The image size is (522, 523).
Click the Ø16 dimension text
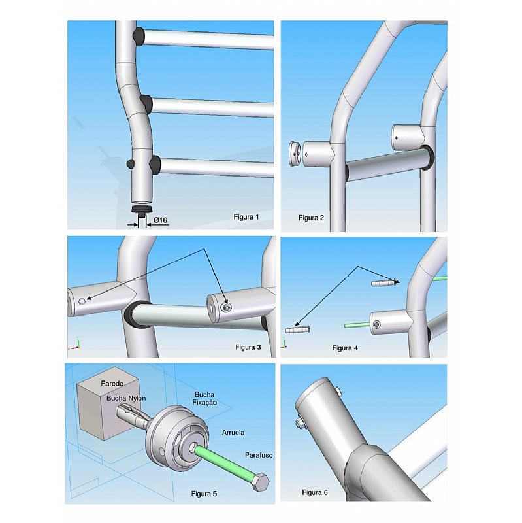pos(160,220)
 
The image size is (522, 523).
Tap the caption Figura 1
pos(246,217)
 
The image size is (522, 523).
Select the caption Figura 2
pos(311,218)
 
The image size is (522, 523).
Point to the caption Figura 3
pos(248,347)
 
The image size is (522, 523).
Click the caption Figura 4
pos(345,348)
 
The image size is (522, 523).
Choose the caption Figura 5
pos(204,494)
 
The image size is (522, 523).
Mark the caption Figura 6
pos(315,492)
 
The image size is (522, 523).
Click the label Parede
pos(112,384)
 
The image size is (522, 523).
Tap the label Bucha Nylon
pos(126,398)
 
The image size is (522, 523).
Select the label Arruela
pos(233,433)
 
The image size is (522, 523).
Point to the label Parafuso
pos(259,455)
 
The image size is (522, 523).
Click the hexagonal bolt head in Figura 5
pos(260,482)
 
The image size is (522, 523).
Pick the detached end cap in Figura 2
pos(295,154)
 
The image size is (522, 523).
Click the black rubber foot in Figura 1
pos(142,210)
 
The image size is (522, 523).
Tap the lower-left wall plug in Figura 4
pos(297,330)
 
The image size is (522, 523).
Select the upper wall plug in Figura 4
pos(385,283)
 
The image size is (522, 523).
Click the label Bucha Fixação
pos(204,399)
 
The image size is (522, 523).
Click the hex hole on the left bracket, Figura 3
pos(82,301)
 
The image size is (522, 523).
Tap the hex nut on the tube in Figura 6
pos(299,424)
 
